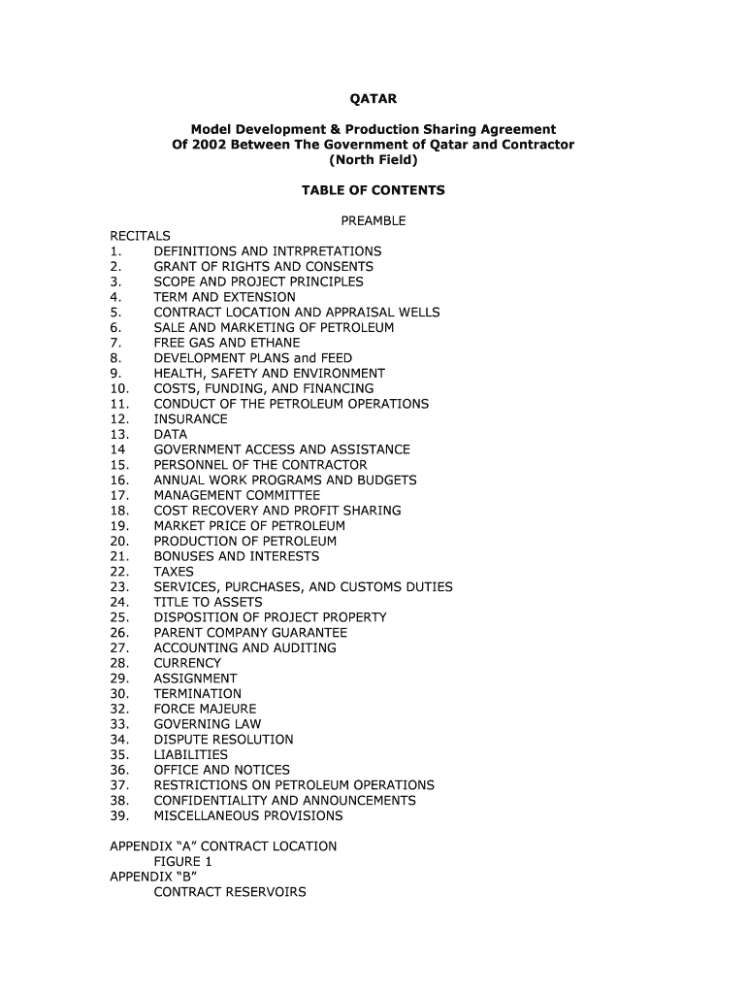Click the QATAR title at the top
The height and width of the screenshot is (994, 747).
373,99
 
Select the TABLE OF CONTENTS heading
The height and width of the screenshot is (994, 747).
373,190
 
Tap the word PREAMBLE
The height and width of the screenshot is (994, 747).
373,220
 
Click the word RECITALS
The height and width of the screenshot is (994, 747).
140,236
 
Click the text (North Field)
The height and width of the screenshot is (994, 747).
373,160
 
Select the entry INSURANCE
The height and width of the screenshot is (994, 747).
190,419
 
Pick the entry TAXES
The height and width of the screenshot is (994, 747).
174,572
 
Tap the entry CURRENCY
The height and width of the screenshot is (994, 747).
187,663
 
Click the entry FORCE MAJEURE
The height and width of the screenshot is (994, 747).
205,709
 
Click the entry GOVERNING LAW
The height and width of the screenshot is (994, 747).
207,724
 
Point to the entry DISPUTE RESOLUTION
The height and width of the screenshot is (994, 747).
223,740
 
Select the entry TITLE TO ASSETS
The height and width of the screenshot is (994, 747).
208,602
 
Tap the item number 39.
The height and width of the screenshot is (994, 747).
119,815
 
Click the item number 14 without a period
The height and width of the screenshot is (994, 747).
117,449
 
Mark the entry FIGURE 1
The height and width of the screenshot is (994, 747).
182,861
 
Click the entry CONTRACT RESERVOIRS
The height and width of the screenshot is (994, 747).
229,891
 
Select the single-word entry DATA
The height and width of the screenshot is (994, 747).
170,434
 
